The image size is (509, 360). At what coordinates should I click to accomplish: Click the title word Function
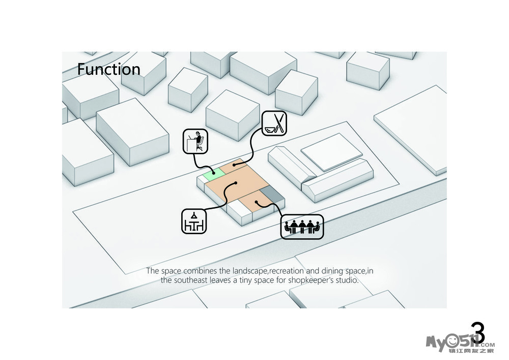click(108, 69)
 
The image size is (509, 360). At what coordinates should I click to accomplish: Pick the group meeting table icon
click(302, 227)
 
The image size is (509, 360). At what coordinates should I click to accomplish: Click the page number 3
click(477, 333)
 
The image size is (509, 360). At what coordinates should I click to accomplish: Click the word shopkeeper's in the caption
click(307, 280)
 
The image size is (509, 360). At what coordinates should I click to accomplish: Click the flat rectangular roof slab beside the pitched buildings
click(331, 151)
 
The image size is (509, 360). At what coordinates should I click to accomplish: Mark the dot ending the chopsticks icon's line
click(235, 165)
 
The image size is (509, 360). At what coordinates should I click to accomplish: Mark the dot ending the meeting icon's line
click(257, 203)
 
